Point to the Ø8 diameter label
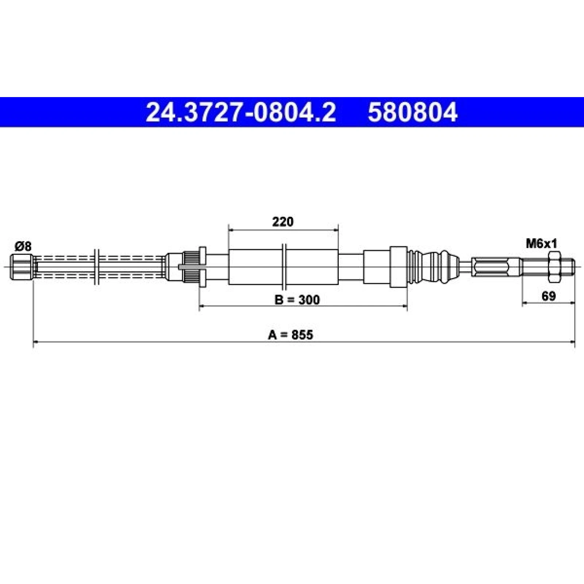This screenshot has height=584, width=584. click(x=23, y=246)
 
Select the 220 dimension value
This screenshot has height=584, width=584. click(x=283, y=222)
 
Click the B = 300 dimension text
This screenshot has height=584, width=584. click(x=297, y=300)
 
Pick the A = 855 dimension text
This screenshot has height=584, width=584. click(x=291, y=334)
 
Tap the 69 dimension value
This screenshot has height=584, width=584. click(x=548, y=296)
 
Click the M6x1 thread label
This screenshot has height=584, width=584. click(x=541, y=243)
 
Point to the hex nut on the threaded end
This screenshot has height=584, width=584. click(x=553, y=266)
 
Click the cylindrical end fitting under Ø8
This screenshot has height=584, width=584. click(x=22, y=267)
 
